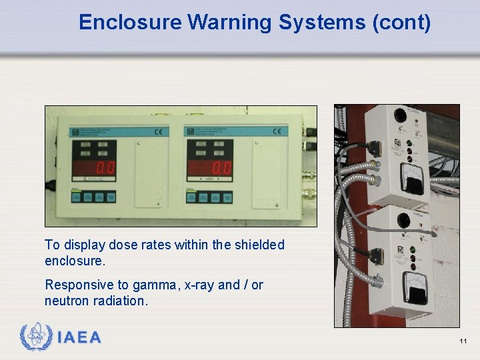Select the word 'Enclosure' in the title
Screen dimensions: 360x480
(130, 23)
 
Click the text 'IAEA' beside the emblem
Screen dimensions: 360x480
(79, 338)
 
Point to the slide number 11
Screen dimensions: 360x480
(463, 341)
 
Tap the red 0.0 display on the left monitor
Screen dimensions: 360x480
(104, 167)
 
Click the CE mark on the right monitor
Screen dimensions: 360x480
(275, 131)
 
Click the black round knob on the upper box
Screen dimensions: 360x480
(401, 115)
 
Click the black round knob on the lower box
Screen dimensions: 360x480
(403, 221)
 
